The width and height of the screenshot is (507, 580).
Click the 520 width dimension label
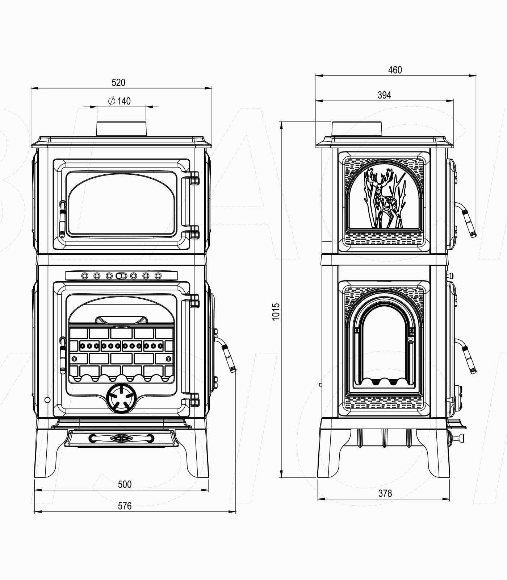click(x=118, y=83)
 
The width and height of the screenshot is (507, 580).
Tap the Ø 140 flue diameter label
click(x=120, y=101)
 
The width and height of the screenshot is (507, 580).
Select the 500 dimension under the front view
click(x=125, y=484)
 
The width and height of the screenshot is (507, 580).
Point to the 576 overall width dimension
click(x=125, y=506)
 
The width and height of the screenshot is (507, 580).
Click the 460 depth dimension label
click(x=395, y=70)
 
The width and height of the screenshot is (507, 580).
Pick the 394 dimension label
click(x=384, y=95)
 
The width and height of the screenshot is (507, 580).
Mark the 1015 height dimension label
click(x=276, y=311)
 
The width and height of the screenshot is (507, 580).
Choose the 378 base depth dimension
click(x=385, y=493)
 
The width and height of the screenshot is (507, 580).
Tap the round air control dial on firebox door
click(x=121, y=399)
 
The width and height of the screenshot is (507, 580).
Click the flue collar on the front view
click(x=121, y=129)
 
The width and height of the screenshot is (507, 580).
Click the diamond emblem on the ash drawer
click(x=121, y=438)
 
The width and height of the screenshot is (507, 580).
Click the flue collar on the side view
click(x=357, y=129)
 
